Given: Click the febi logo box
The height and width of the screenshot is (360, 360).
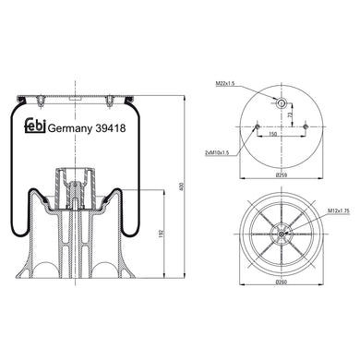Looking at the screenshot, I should point(30,128).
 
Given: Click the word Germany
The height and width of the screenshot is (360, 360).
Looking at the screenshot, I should point(69,129).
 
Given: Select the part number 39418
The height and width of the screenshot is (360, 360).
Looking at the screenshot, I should point(111,129).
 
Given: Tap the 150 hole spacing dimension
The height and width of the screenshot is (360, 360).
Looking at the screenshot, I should point(273,135).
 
